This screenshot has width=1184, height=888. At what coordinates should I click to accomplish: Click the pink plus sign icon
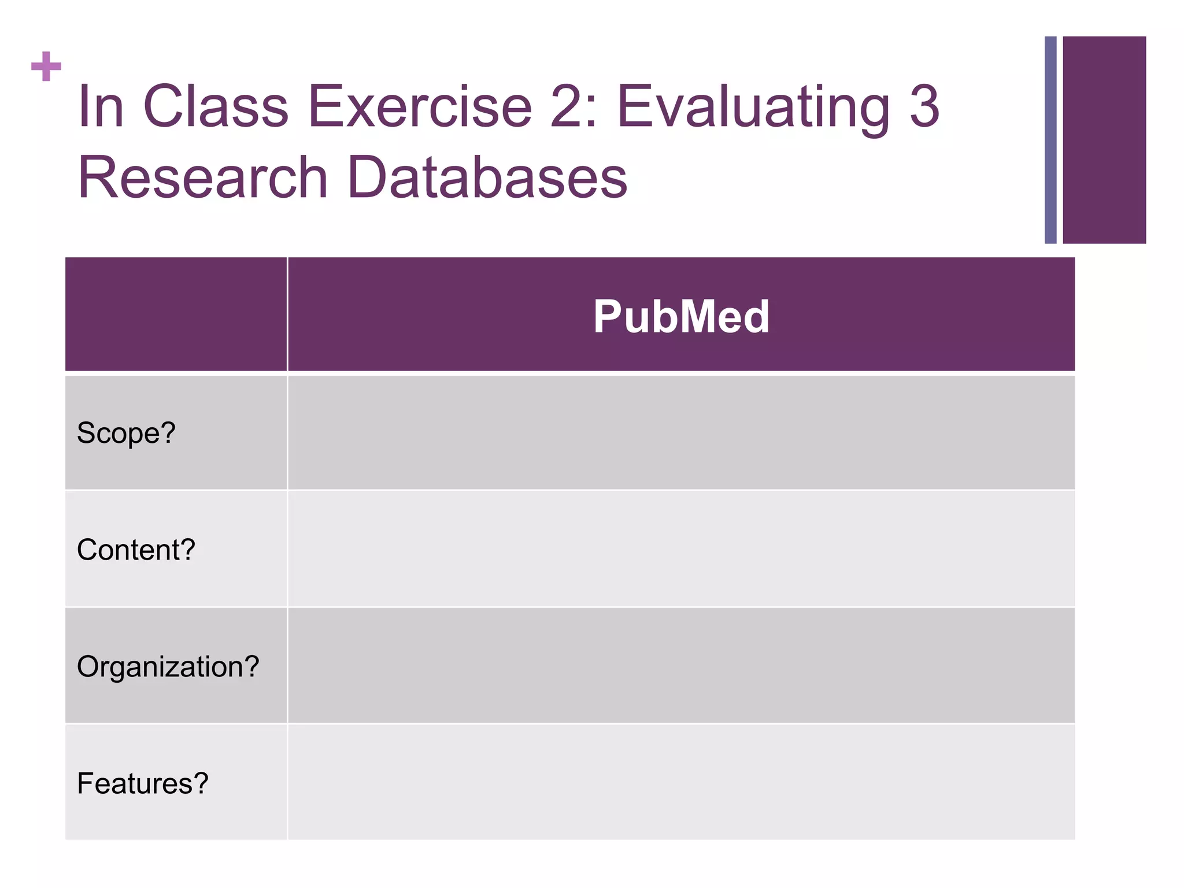(x=46, y=66)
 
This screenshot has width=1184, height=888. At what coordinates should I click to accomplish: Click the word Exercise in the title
(x=420, y=106)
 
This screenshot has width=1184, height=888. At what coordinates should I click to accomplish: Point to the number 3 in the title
(x=924, y=106)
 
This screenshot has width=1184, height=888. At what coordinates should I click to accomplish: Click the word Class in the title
(x=215, y=106)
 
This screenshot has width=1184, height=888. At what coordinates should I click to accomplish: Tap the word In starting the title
(x=101, y=106)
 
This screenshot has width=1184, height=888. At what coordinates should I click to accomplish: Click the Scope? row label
(x=126, y=432)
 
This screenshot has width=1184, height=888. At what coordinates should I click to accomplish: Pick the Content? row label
(x=136, y=549)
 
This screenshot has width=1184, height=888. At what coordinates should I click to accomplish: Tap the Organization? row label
(x=168, y=666)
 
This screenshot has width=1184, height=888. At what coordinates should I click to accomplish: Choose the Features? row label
(x=142, y=783)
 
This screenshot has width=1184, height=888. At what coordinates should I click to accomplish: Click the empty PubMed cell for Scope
(x=681, y=432)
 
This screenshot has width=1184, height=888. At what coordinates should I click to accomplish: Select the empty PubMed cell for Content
(x=681, y=549)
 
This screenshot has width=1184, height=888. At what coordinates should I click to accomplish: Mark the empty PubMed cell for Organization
(x=681, y=666)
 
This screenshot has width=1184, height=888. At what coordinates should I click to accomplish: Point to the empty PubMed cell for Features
(x=681, y=782)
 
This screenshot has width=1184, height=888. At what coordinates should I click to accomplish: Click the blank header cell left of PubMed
(x=176, y=314)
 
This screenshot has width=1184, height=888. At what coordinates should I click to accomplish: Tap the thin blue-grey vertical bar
(x=1050, y=140)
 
